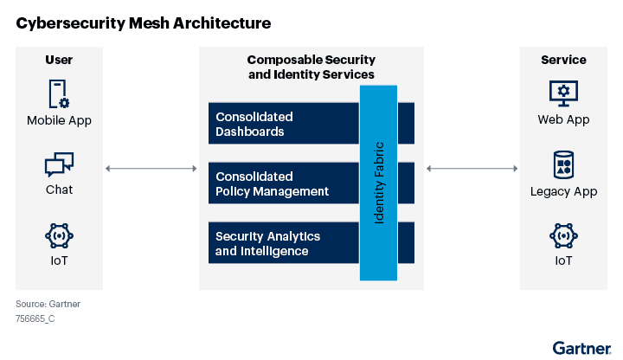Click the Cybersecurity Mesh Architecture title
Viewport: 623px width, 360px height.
[x=144, y=23]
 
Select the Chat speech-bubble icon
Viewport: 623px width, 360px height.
[x=59, y=164]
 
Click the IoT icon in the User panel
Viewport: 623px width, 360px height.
[x=59, y=235]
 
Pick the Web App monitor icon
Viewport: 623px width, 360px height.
[x=564, y=93]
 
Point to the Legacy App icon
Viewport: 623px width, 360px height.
[x=564, y=164]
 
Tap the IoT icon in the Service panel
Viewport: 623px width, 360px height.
[x=564, y=235]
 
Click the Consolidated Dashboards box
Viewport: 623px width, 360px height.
[x=284, y=124]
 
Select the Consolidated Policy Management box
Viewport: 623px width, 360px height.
[x=284, y=183]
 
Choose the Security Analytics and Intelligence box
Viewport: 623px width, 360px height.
[x=284, y=243]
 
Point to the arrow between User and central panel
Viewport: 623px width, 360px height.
[x=151, y=169]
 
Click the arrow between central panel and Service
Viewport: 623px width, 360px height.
[x=472, y=169]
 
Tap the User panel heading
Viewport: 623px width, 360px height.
[x=59, y=60]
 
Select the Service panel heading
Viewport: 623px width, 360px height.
[x=564, y=60]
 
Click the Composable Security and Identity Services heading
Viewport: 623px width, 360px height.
[x=311, y=67]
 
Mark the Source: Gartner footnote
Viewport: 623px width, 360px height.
[x=48, y=304]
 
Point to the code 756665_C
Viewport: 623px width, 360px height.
[x=35, y=318]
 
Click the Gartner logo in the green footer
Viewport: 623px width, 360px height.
[x=582, y=348]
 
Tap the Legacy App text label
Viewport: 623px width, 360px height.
[x=564, y=191]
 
